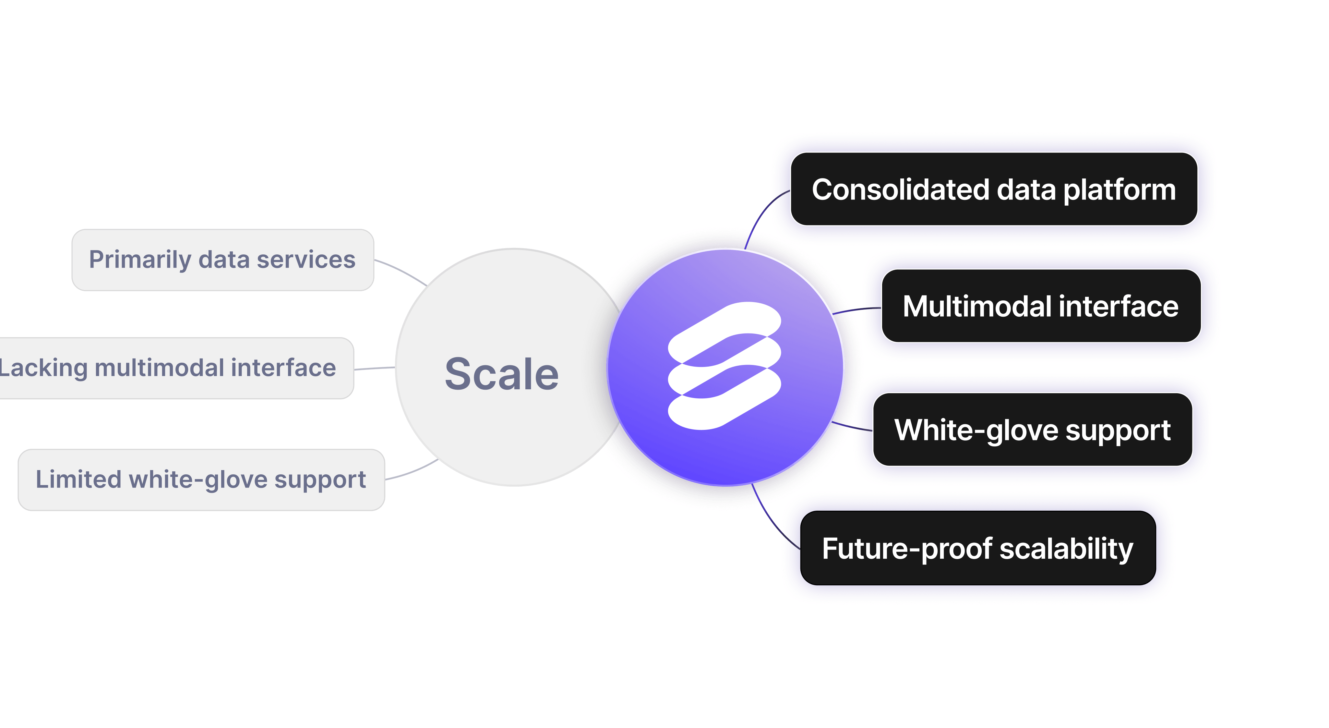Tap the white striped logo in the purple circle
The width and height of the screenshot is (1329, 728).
[x=724, y=366]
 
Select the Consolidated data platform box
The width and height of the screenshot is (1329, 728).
[x=994, y=189]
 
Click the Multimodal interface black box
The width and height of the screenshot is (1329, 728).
[x=1041, y=306]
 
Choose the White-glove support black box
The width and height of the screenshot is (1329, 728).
[x=1032, y=430]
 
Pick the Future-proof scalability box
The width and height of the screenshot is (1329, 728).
[x=978, y=548]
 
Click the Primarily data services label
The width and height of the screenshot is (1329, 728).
[x=222, y=260]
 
